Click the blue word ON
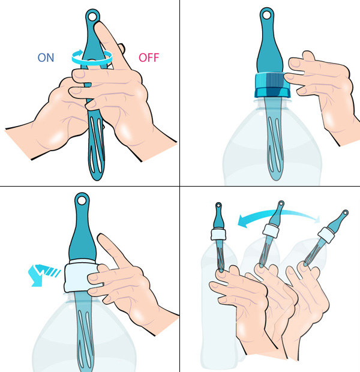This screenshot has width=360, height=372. click(46, 58)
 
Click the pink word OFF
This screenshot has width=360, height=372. click(149, 58)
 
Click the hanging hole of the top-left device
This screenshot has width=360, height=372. click(92, 17)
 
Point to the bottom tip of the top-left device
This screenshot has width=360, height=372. click(97, 179)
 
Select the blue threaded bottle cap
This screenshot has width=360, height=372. click(272, 85)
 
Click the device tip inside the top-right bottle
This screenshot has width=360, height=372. click(275, 179)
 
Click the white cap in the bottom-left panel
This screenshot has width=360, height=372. click(80, 278)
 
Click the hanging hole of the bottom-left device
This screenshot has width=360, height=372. click(82, 200)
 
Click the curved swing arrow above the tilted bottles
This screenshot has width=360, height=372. click(278, 217)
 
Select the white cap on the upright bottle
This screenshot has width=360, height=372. click(218, 234)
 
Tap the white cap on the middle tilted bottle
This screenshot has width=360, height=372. click(271, 230)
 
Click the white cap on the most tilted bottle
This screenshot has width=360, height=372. click(327, 235)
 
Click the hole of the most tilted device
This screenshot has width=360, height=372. click(346, 212)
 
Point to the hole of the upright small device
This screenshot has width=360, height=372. click(218, 205)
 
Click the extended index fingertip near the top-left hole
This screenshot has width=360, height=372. click(98, 25)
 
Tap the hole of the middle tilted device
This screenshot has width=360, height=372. click(281, 203)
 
